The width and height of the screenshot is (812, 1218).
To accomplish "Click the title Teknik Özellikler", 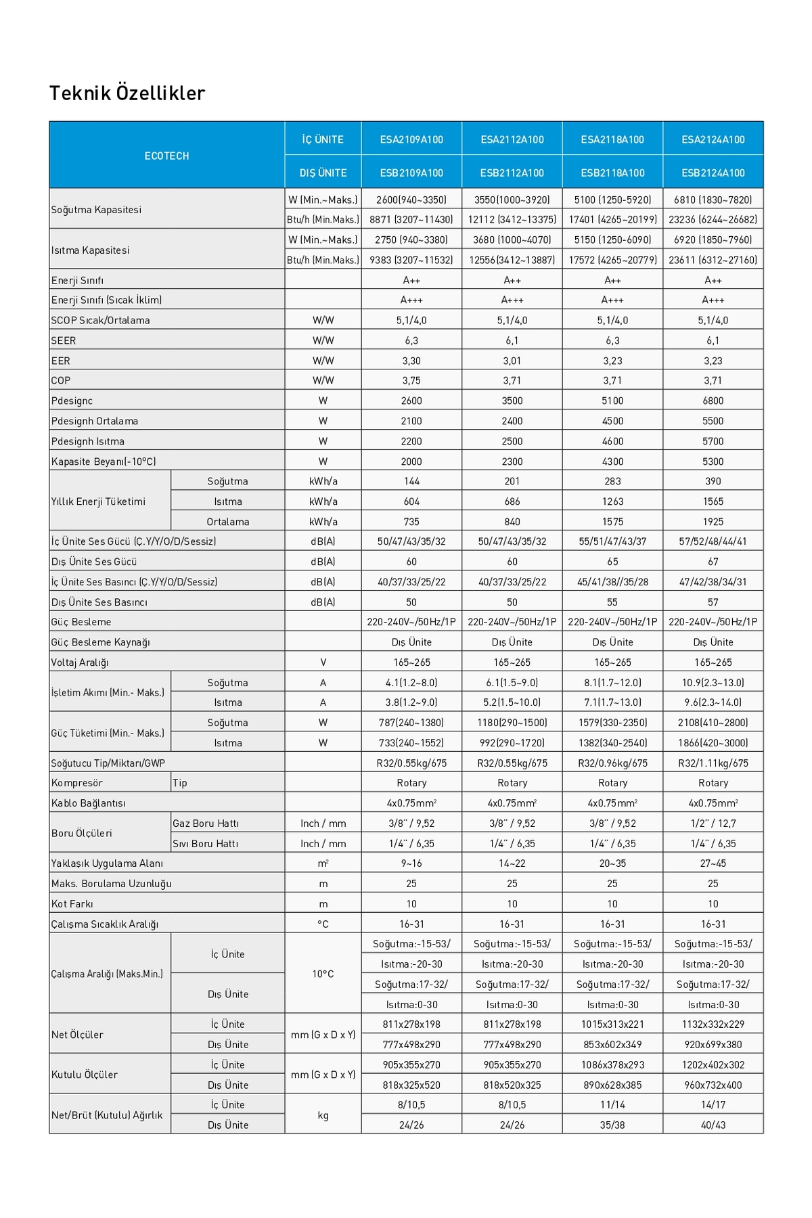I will (x=127, y=93).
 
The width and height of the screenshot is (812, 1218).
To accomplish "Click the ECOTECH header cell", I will (x=166, y=156).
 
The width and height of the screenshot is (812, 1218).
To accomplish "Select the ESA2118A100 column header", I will (x=612, y=139).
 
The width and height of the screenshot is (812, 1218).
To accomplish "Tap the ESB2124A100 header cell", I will (x=713, y=173).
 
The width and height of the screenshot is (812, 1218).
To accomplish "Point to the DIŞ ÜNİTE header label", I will (x=323, y=173).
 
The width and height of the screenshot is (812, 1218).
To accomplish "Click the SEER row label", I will (x=64, y=340).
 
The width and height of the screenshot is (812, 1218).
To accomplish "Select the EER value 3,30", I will (x=411, y=361).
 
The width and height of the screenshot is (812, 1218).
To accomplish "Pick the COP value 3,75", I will (x=411, y=380).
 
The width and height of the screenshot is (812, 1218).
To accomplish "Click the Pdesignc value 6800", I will (x=713, y=401).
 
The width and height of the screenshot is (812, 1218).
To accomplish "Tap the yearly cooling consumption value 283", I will (x=612, y=481).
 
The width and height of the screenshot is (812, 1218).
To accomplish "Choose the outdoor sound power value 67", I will (x=713, y=562).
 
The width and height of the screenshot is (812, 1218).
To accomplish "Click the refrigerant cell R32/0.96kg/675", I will (x=612, y=763).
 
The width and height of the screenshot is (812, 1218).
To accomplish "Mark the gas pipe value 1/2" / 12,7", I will (x=713, y=824).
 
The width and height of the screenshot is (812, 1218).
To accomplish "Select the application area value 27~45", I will (x=713, y=863).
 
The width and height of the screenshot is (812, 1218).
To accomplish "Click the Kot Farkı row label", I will (x=72, y=904).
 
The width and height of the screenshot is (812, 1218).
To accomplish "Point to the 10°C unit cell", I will (x=323, y=974).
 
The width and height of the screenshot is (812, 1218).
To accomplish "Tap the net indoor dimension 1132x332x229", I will (x=713, y=1024).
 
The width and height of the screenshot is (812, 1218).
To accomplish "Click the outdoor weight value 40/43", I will (x=713, y=1125).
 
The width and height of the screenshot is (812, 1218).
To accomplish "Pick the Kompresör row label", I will (x=77, y=783).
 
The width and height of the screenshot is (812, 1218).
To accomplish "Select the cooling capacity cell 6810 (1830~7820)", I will (x=713, y=200).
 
